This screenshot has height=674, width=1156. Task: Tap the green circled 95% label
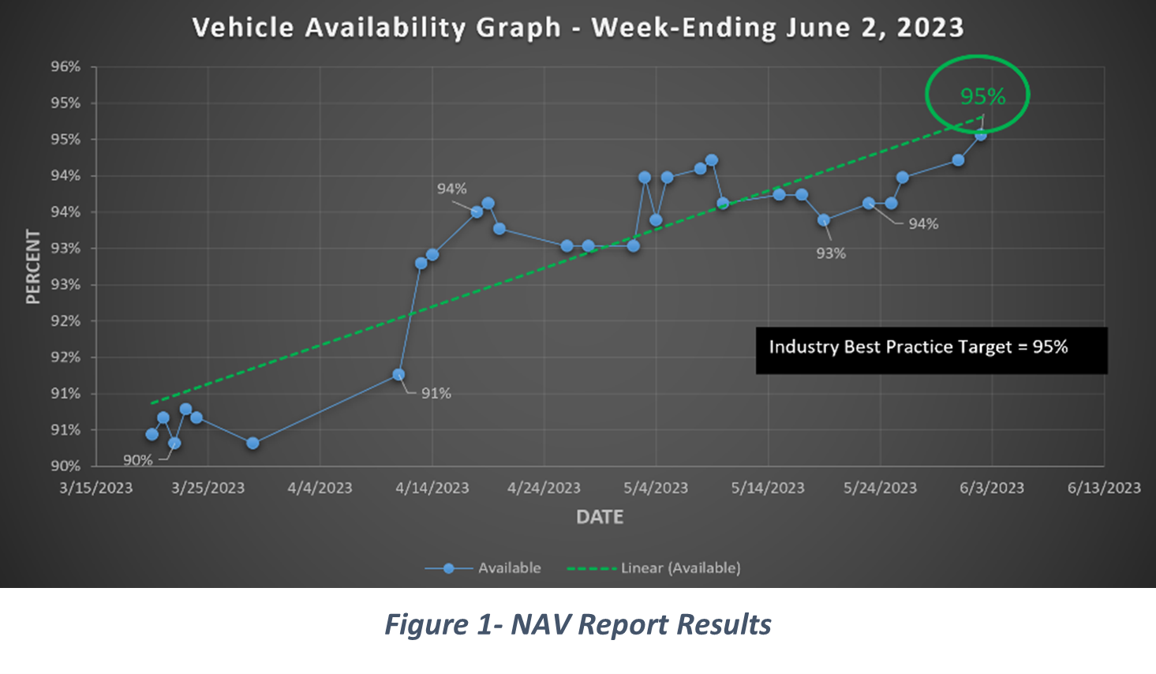click(x=982, y=96)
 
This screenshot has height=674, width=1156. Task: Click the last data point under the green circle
click(x=980, y=135)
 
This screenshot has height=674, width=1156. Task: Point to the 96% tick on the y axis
click(x=66, y=67)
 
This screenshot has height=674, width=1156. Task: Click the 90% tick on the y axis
click(x=66, y=466)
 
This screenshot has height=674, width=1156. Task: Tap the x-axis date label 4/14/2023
click(x=432, y=489)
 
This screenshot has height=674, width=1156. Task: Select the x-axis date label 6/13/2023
click(x=1104, y=489)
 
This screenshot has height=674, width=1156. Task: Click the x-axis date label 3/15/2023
click(x=96, y=489)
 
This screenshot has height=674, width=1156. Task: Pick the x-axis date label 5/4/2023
click(x=656, y=489)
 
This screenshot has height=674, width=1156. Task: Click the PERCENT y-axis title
click(x=33, y=267)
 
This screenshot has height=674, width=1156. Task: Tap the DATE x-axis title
click(x=600, y=517)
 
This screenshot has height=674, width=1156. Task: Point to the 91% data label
click(x=436, y=393)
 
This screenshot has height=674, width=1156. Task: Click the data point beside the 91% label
click(x=398, y=375)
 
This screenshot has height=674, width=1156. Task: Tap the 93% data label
click(x=830, y=253)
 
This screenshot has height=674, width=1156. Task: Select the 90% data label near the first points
click(x=137, y=460)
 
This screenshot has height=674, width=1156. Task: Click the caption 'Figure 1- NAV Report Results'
click(x=578, y=624)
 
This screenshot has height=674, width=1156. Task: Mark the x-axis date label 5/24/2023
click(x=880, y=489)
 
